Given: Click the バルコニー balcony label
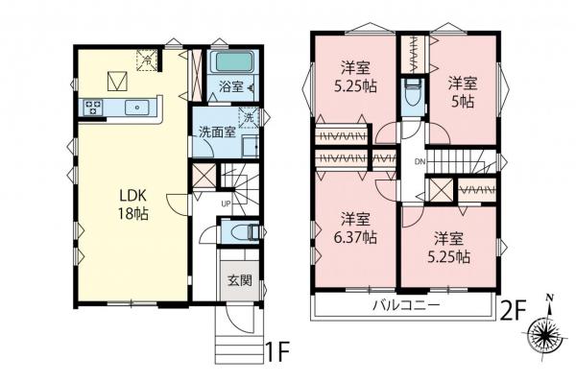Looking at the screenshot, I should pyautogui.click(x=407, y=305).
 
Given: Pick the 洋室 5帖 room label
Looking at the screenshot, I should pyautogui.click(x=466, y=92).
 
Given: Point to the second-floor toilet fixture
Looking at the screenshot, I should pyautogui.click(x=413, y=96).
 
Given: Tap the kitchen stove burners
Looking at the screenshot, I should pyautogui.click(x=95, y=107).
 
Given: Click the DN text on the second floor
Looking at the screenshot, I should pyautogui.click(x=420, y=162).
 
